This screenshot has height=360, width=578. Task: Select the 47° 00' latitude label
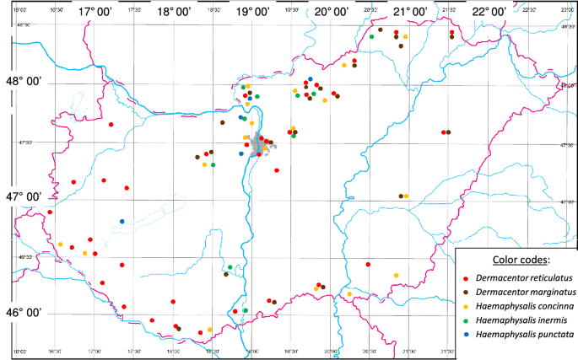click(x=24, y=196)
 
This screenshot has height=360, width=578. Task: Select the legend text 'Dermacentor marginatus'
click(x=522, y=292)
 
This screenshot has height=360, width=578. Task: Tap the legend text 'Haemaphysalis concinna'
click(x=524, y=306)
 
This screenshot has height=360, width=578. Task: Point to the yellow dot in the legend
click(x=467, y=306)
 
